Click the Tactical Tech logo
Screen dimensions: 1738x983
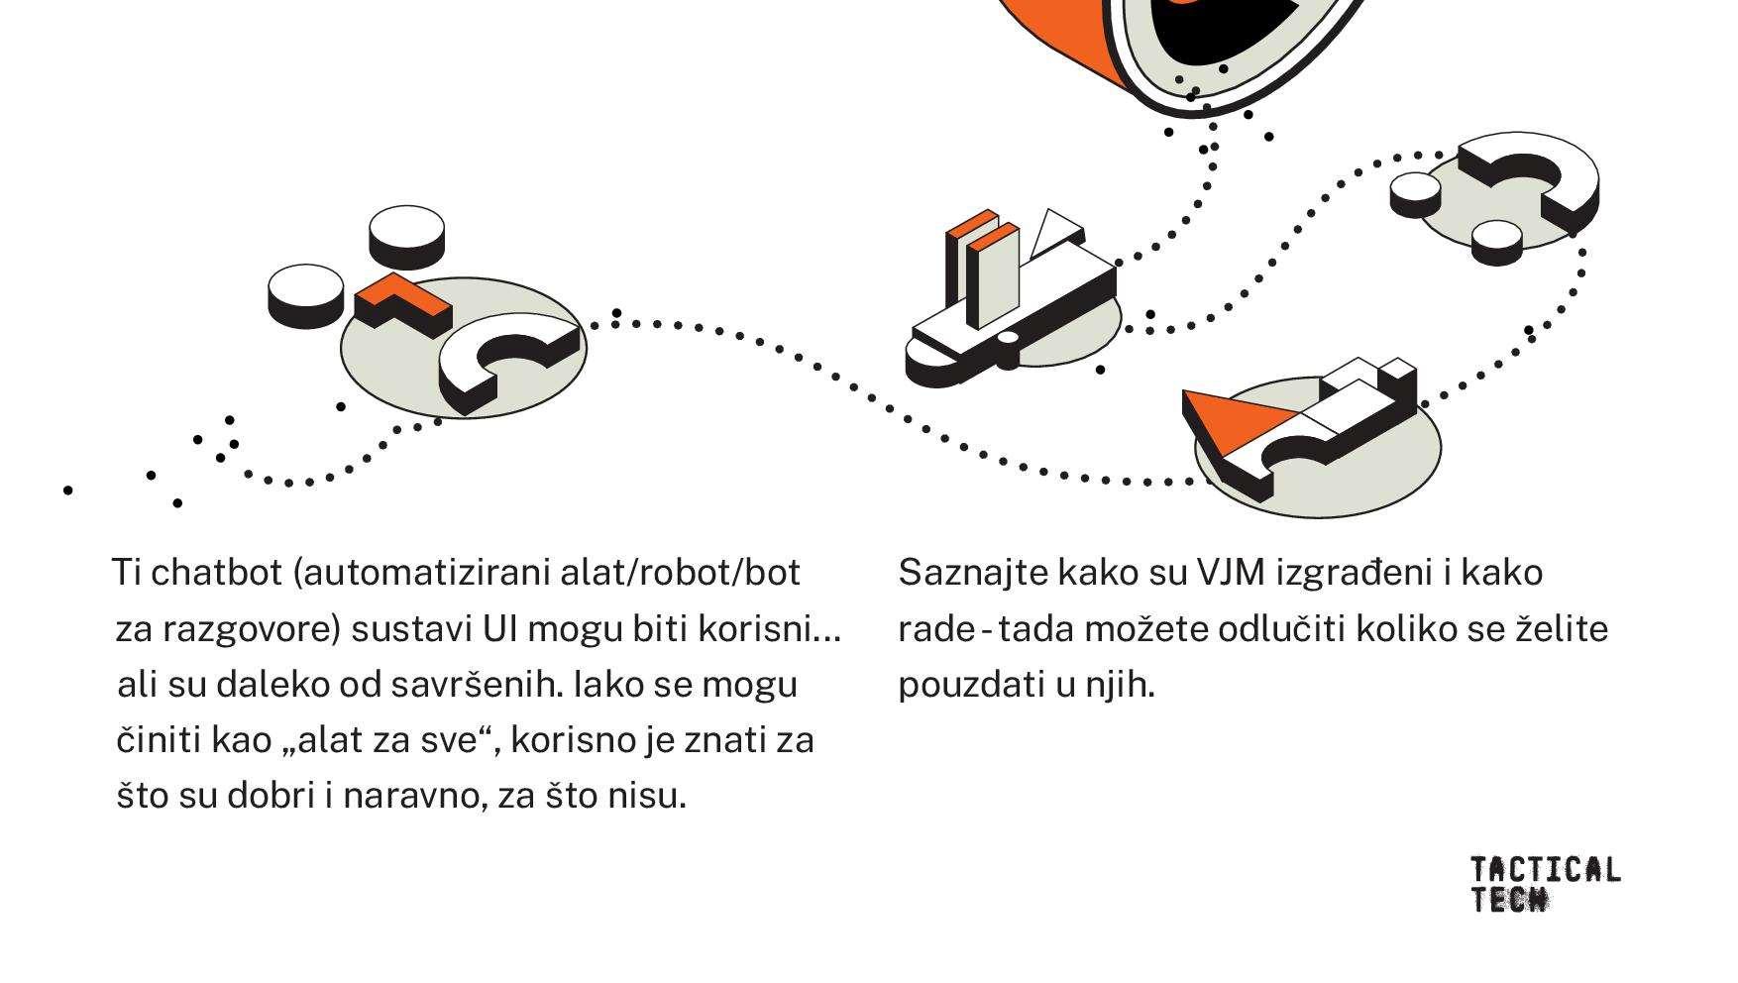[x=1544, y=883]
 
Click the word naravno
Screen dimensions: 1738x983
[x=415, y=797]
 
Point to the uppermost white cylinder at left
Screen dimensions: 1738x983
[x=406, y=233]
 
